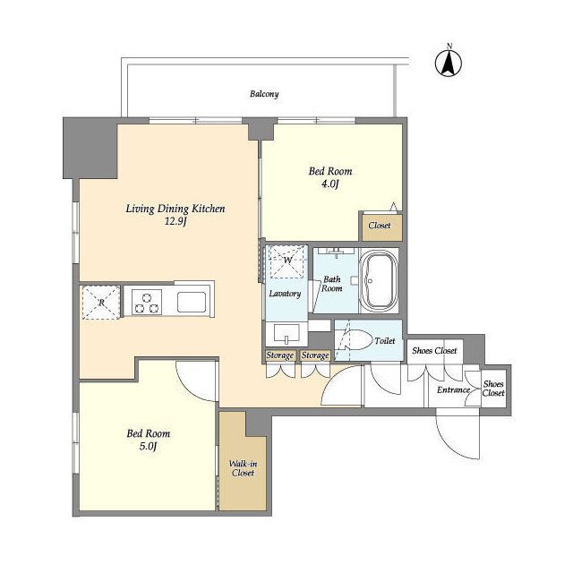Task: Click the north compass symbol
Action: coord(449,63)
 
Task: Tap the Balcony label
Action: coord(264,94)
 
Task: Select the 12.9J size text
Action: coord(175,221)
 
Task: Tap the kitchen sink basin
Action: coord(192,303)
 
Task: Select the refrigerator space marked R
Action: coord(101,303)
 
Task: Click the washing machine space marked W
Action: coord(287,261)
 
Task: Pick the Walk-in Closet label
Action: coord(243,468)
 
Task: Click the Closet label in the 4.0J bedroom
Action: coord(380,226)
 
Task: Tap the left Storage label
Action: coord(280,355)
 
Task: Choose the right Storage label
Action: coord(315,355)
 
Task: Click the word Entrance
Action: coord(454,389)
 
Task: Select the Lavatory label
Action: coord(285,294)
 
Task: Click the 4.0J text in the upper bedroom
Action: coord(330,184)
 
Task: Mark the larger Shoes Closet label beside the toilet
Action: coord(434,350)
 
